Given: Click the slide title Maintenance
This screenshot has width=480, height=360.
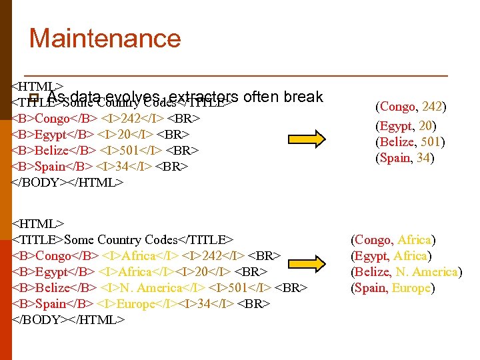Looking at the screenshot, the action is pos(105,38).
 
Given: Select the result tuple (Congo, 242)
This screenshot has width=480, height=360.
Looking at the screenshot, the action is pos(411,107).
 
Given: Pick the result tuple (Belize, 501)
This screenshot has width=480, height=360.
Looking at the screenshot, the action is pos(411,141).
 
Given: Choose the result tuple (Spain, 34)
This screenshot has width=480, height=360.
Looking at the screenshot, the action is pos(406,158).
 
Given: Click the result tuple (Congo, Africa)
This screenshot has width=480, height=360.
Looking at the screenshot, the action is pos(393,239).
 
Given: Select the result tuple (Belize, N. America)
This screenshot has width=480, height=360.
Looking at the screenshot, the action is pos(406,271).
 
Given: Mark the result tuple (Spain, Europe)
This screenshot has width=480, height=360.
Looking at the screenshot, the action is pos(393,288).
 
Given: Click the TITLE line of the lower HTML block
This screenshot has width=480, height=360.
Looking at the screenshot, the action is pos(123,240).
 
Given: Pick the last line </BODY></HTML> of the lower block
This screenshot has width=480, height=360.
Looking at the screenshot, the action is pos(68,320).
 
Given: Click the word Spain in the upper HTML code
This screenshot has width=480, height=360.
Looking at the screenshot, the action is pos(50,166).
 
